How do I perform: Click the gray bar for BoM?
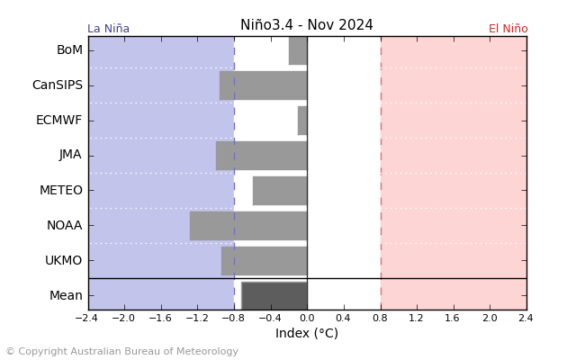point(298,50)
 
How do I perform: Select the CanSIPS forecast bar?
point(263,85)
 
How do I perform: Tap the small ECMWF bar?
point(302,121)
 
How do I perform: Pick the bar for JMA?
point(261,155)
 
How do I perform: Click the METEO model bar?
point(280,191)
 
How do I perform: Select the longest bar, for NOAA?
point(248,226)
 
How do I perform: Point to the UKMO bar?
point(264,261)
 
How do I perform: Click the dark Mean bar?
point(274,295)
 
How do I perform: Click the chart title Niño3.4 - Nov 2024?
point(307,25)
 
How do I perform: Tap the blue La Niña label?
point(108,29)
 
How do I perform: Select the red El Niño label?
point(508,29)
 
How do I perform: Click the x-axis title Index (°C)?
point(307,334)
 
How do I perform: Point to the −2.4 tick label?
point(86,319)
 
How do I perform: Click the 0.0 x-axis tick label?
point(307,319)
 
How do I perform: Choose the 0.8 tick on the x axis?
point(380,319)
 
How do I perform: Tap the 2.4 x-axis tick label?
point(526,319)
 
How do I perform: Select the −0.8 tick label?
point(232,319)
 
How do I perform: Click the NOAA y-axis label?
point(64,226)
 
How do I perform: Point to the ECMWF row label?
point(58,121)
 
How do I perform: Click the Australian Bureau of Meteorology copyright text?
point(121,352)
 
